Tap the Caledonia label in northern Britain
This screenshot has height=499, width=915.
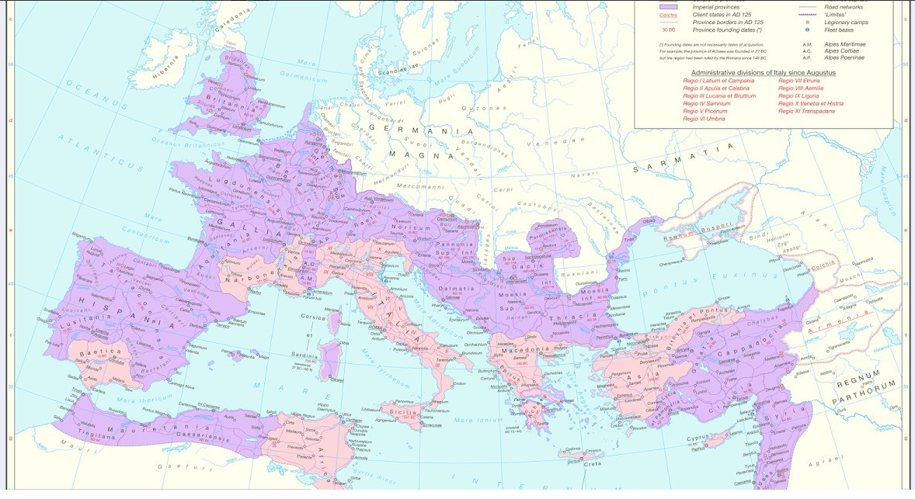tap(235, 12)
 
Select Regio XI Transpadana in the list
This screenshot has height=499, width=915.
tap(807, 111)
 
